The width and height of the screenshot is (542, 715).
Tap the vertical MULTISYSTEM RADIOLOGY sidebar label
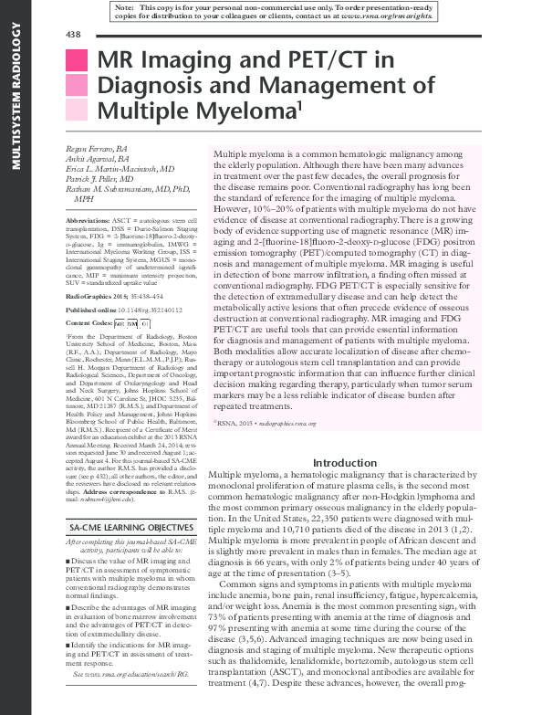15,100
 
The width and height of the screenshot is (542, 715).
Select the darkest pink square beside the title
77,61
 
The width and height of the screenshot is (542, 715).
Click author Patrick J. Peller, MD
103,180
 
